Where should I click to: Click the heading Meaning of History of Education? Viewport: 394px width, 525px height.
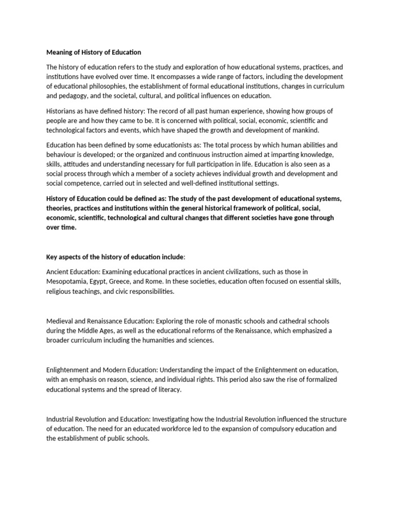(x=94, y=52)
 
